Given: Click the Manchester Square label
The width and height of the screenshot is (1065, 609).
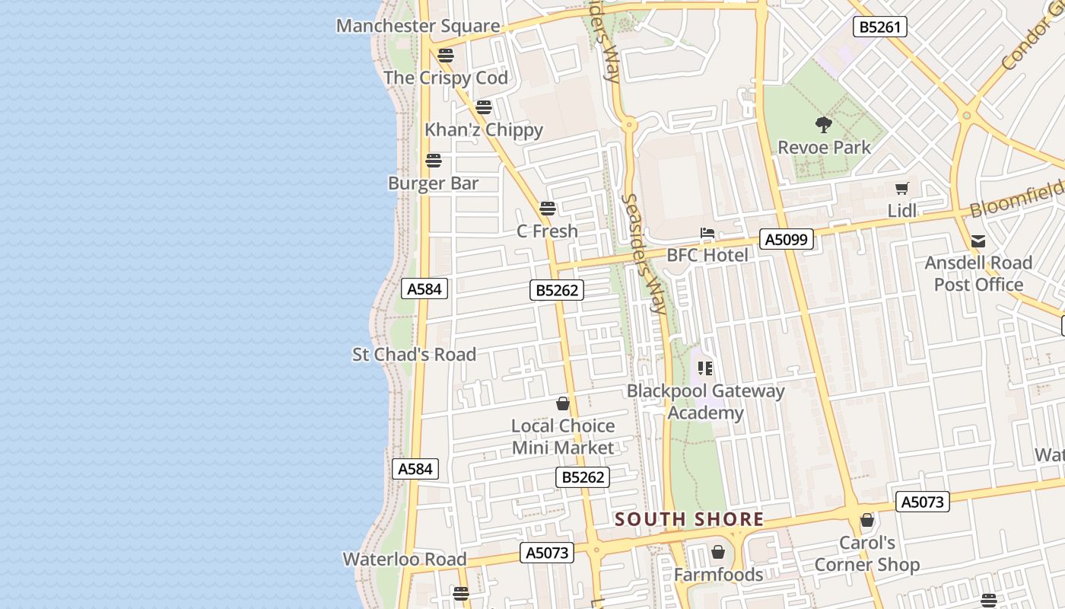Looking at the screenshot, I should pos(418,26).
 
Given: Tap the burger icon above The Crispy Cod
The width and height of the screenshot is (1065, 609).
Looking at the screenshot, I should pos(446,55).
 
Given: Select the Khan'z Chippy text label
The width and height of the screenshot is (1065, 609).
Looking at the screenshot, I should pos(484,130).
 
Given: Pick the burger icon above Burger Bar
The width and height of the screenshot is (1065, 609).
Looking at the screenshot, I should pos(434,160).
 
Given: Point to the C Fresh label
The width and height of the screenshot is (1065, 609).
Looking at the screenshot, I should pos(547,231).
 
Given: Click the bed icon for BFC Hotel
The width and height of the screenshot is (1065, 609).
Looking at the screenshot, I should pos(707,233).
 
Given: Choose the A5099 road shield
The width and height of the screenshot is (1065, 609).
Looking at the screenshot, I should pos(787,240).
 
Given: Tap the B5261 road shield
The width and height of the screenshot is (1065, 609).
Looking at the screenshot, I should pos(879,27).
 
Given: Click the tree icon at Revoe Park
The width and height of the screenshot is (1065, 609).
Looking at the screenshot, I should pos(823,124).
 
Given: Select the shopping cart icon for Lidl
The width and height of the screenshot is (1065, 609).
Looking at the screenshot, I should pos(902,188).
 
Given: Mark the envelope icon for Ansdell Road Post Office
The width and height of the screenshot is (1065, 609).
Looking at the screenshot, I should pos(978,241).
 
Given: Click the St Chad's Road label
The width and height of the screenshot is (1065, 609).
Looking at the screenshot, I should pos(414,355).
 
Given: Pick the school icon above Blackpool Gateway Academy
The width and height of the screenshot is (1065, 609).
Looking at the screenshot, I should pos(705,368).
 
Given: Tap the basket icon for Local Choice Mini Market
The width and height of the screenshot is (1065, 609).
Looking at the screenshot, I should pos(563,403).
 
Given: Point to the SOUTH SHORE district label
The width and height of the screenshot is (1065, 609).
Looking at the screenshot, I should pos(689,520).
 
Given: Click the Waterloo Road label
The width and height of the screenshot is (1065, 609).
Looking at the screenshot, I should pos(405,560).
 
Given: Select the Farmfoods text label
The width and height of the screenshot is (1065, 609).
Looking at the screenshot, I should pos(718,575).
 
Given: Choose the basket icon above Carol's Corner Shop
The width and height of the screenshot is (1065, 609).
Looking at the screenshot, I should pos(867,521).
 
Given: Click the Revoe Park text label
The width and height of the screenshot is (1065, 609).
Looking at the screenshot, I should pos(824,147).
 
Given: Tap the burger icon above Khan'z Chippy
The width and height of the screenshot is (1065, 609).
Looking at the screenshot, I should pos(484,107).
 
